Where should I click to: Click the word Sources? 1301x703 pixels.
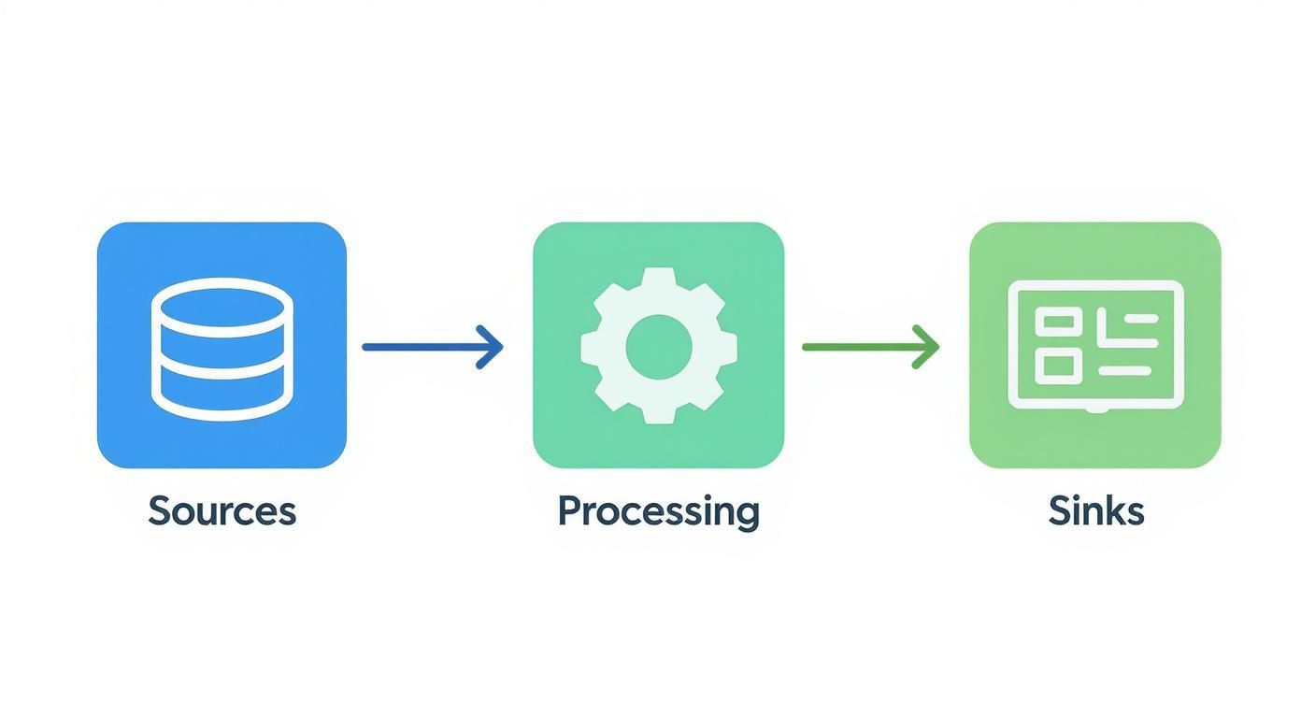[222, 511]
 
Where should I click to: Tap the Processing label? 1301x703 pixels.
[658, 511]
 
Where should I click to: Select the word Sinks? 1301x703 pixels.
[1095, 511]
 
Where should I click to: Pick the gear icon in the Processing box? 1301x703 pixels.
[658, 346]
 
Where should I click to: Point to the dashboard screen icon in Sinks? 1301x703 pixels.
[1095, 346]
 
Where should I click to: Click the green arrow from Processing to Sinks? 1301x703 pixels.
[869, 347]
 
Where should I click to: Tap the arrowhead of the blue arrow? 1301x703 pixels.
[493, 347]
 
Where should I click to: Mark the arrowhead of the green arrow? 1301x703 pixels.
[928, 347]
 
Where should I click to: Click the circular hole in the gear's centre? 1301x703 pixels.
[658, 346]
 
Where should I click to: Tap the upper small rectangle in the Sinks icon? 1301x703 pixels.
[1058, 323]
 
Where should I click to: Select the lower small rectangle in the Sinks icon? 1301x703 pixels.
[1058, 366]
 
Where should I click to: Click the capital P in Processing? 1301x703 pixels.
[569, 511]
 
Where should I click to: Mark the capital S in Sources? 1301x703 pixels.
[160, 511]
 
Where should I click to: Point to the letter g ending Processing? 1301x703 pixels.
[746, 515]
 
